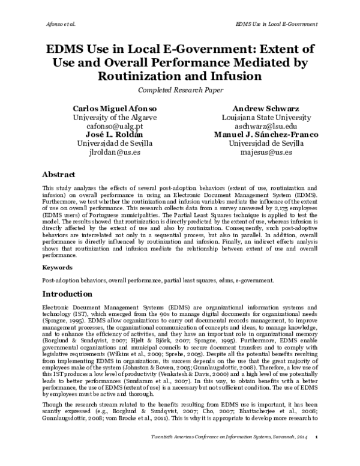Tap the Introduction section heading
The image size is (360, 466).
pos(67,294)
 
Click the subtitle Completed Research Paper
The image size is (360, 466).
pos(179,90)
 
